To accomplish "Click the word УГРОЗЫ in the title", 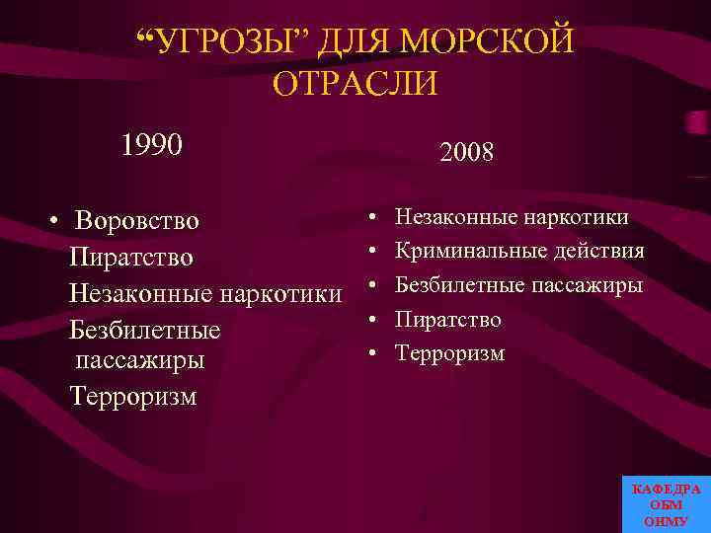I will click(x=227, y=42).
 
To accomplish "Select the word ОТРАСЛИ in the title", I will click(x=355, y=83).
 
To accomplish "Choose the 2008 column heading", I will click(x=467, y=152).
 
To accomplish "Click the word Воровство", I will click(x=137, y=220).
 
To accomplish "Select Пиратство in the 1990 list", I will click(x=131, y=257).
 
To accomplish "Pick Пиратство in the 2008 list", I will click(x=448, y=320).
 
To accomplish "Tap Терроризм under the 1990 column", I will click(x=133, y=396).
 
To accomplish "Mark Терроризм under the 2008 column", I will click(x=450, y=353).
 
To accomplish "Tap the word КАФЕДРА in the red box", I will click(x=666, y=490).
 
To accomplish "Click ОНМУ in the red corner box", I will click(x=666, y=520).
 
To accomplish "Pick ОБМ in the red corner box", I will click(x=666, y=504).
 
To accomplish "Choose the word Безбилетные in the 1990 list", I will click(x=145, y=328).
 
